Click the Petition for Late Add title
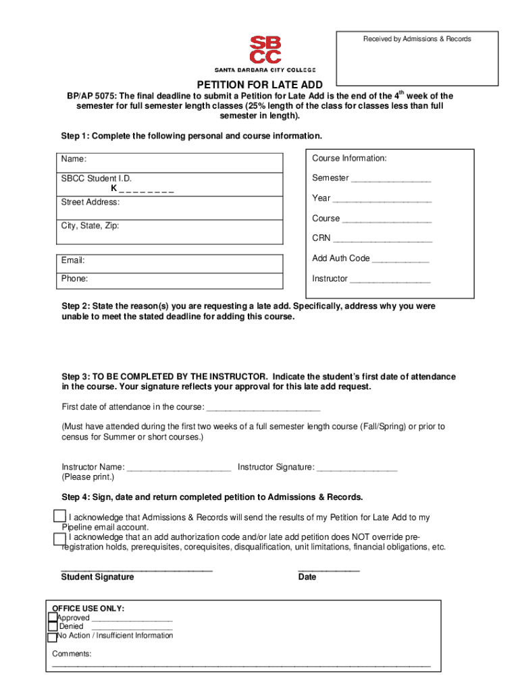point(259,85)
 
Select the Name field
point(170,163)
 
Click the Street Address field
point(170,207)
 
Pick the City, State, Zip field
point(170,231)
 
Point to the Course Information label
point(349,159)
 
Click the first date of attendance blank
point(263,408)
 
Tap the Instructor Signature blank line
point(357,468)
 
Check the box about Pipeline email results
point(59,516)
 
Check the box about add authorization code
point(59,538)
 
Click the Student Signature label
point(97,577)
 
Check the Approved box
point(53,617)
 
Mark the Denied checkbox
point(53,627)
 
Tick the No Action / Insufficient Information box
point(53,637)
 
